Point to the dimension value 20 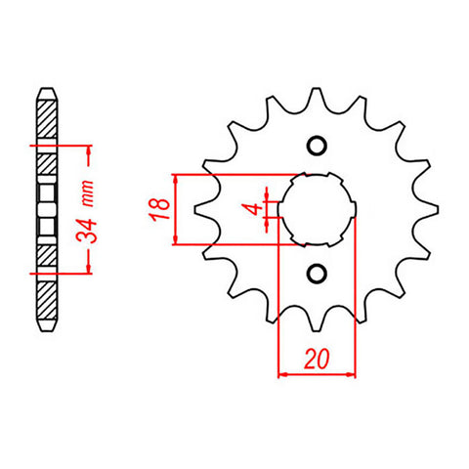(316, 359)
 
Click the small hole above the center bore (316, 147)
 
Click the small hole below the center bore (316, 273)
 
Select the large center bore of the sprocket (316, 209)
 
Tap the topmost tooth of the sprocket (316, 99)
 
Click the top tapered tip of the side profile (46, 89)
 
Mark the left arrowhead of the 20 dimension (283, 372)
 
